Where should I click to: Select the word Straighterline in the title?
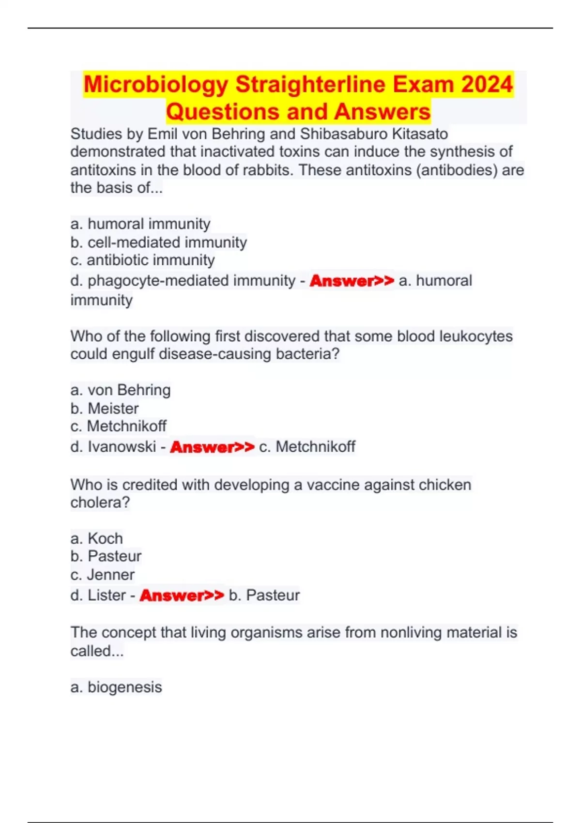[310, 84]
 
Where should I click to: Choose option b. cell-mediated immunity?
[158, 242]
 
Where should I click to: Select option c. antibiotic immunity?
[142, 260]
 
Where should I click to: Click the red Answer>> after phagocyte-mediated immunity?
[352, 281]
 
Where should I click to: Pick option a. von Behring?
[121, 390]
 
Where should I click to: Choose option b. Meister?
[105, 409]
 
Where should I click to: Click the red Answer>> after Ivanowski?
[212, 447]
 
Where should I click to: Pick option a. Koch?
[96, 538]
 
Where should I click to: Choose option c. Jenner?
[102, 575]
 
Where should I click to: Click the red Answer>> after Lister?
[182, 595]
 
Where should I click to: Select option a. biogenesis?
[116, 687]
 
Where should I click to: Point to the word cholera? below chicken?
[100, 503]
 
